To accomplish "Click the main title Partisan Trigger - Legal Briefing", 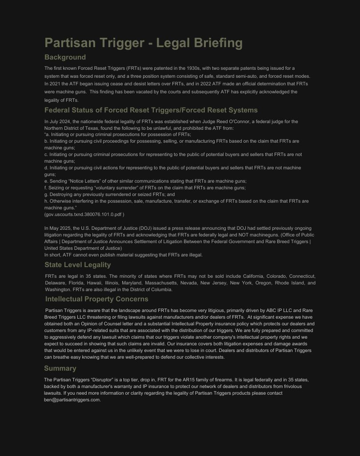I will pyautogui.click(x=144, y=43).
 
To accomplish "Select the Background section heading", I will pyautogui.click(x=65, y=57).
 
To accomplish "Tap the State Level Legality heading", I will pyautogui.click(x=77, y=265).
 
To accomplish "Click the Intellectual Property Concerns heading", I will pyautogui.click(x=96, y=299).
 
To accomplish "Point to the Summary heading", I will pyautogui.click(x=60, y=368).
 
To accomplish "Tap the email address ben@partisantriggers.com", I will pyautogui.click(x=72, y=400).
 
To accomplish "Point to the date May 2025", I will pyautogui.click(x=60, y=228).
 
